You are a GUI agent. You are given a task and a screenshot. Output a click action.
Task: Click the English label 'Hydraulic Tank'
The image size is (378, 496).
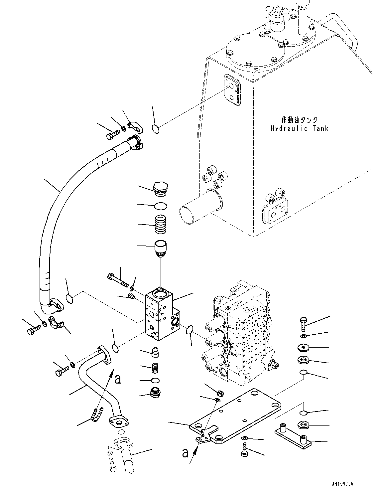pos(299,128)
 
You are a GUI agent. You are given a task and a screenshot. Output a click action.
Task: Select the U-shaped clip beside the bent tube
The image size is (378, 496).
pos(95,415)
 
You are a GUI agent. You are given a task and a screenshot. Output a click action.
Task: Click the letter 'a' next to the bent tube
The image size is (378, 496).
pos(118,379)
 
